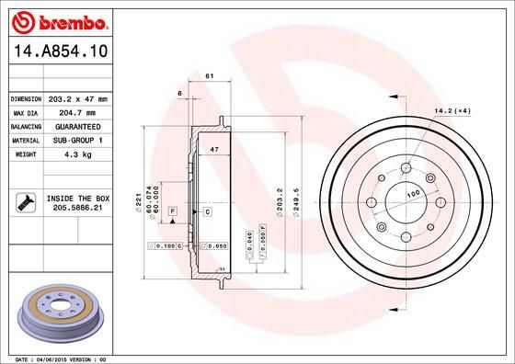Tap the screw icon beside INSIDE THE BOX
pos(25,203)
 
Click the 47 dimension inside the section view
pos(214,148)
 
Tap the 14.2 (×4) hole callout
pos(452,112)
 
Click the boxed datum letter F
pos(171,212)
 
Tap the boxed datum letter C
pos(208,212)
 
